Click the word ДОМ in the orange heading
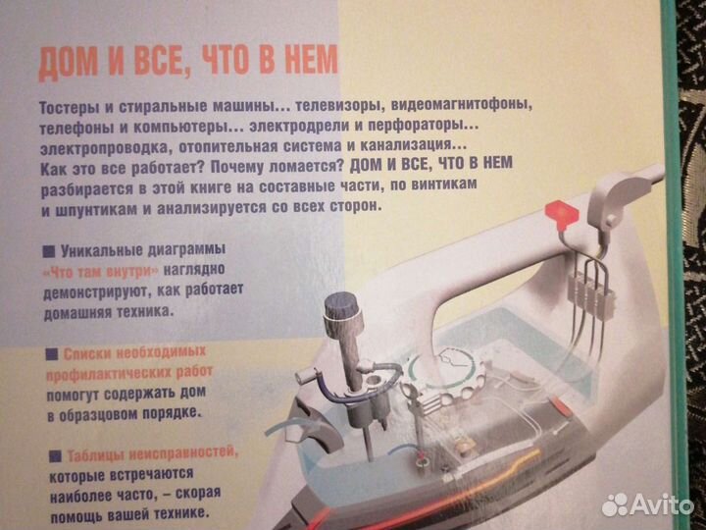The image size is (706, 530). point(66,68)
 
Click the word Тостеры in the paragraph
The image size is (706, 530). point(71,107)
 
